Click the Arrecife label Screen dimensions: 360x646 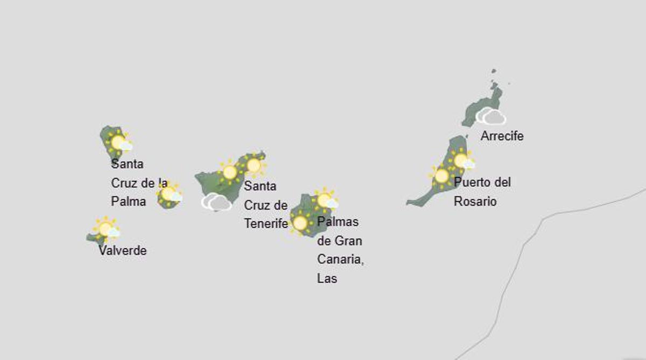coord(502,136)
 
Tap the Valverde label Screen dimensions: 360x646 coord(122,251)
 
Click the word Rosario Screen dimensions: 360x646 coord(475,202)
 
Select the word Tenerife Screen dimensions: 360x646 coord(266,223)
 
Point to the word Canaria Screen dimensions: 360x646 coord(340,259)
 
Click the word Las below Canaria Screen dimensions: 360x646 coord(327,279)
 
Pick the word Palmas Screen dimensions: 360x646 coord(338,222)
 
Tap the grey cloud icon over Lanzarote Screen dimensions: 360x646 coord(490,116)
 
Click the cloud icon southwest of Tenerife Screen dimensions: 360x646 coord(216,202)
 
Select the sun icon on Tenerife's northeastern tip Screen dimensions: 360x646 coord(254,166)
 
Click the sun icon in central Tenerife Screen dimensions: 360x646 coord(230,172)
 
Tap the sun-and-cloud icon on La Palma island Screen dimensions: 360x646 coord(119,143)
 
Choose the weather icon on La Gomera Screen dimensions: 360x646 coord(170,194)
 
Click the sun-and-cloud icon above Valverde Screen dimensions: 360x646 coord(107,229)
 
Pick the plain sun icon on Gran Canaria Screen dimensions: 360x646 coord(300,222)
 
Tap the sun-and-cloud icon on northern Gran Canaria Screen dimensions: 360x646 coord(325,201)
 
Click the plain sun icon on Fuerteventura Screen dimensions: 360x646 coord(442,176)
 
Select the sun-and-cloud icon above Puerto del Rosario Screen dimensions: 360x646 coord(462,161)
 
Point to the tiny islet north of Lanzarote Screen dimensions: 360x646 coord(493,71)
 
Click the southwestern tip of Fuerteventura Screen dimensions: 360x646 coord(409,203)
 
